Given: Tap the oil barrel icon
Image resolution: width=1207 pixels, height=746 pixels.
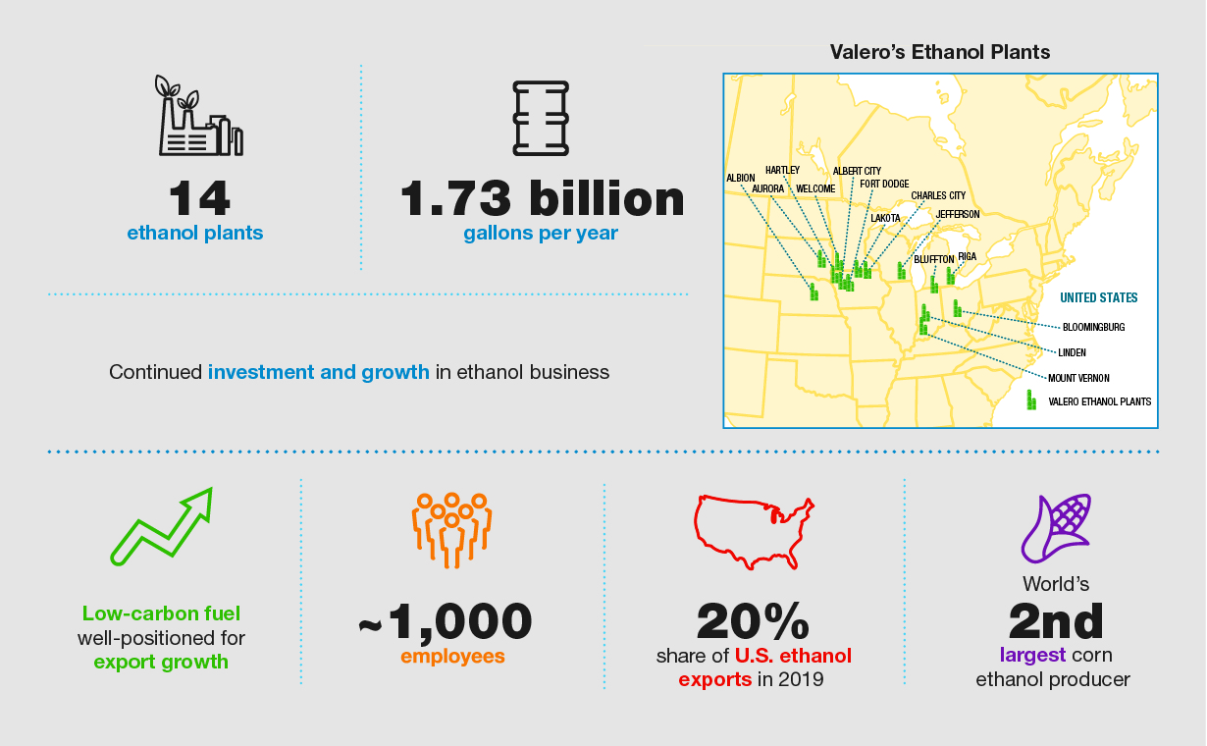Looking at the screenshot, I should pyautogui.click(x=541, y=118).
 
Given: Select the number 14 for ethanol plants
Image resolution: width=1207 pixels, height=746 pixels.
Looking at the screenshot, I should pyautogui.click(x=199, y=198).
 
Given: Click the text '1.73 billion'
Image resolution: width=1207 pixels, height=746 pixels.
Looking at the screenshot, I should pyautogui.click(x=542, y=198).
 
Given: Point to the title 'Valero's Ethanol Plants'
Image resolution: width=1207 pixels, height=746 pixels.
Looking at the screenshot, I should pyautogui.click(x=940, y=52).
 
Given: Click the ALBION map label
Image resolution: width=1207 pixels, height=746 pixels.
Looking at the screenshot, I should pyautogui.click(x=740, y=178).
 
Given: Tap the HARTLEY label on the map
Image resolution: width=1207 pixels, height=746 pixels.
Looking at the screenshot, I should pyautogui.click(x=782, y=170).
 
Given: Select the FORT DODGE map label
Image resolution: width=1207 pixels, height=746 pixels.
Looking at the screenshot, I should pyautogui.click(x=884, y=184).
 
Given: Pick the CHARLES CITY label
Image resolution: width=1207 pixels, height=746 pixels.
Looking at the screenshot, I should pyautogui.click(x=938, y=195).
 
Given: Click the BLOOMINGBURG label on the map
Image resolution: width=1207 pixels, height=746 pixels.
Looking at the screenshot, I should pyautogui.click(x=1093, y=327).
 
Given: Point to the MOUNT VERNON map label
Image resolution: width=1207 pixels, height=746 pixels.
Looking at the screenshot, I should pyautogui.click(x=1077, y=378).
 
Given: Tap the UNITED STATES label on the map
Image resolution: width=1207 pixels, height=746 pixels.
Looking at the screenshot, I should pyautogui.click(x=1098, y=297).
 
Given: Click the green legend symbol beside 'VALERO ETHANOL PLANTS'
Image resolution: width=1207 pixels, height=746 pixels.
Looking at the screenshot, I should pyautogui.click(x=1031, y=400).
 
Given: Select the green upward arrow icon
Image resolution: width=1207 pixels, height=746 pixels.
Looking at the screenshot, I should pyautogui.click(x=162, y=526).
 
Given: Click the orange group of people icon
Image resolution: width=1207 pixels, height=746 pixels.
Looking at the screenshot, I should pyautogui.click(x=450, y=528).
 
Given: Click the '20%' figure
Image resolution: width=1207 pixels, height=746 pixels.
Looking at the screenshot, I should pyautogui.click(x=753, y=620).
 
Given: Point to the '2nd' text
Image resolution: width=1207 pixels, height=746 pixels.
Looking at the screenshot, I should pyautogui.click(x=1055, y=620).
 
